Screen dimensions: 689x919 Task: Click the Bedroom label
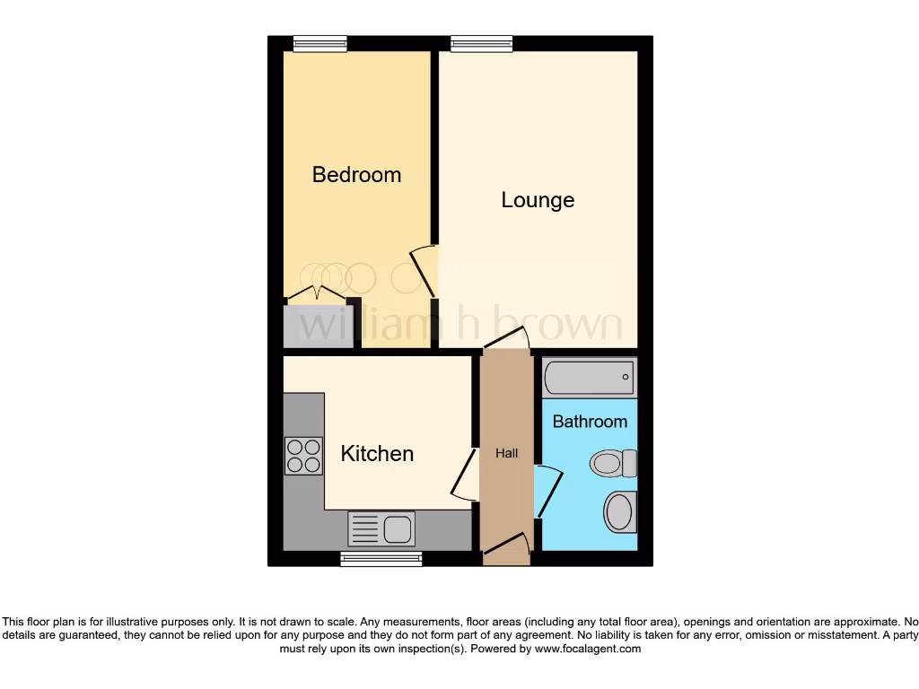(356, 174)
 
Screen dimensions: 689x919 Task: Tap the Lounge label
(538, 200)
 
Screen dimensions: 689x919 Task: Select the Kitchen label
(377, 454)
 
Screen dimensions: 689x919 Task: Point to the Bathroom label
(590, 421)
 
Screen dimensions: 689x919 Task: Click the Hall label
(507, 454)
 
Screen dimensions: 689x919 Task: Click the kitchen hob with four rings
(303, 455)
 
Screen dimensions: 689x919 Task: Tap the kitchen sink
(381, 528)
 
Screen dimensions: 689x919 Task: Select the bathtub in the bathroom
(590, 377)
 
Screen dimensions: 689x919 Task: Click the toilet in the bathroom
(613, 464)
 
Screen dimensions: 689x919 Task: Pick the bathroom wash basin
(620, 511)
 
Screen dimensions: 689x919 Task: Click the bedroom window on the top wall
(319, 42)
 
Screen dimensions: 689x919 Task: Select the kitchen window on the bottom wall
(381, 559)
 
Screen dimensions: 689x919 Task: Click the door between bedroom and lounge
(424, 272)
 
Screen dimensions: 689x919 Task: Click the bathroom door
(547, 492)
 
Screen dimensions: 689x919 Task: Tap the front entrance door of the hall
(505, 547)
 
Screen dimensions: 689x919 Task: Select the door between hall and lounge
(506, 340)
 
